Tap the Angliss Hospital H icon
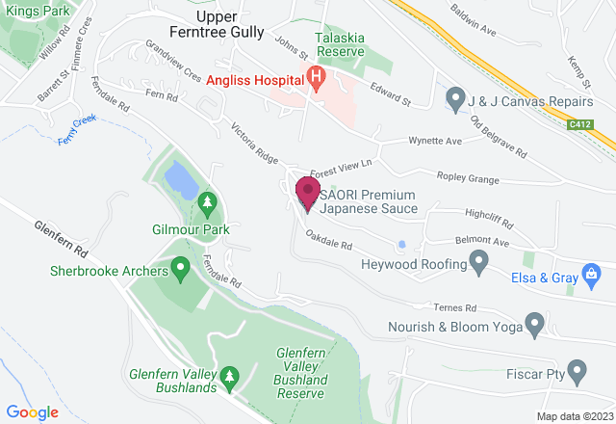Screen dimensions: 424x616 (314, 76)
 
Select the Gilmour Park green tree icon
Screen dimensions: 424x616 (206, 202)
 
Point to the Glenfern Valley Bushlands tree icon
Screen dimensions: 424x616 (229, 374)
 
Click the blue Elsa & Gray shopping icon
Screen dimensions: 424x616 (589, 275)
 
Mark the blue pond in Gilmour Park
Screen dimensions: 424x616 (177, 177)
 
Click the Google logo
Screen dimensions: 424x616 (32, 411)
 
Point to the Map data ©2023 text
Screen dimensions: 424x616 (573, 416)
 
